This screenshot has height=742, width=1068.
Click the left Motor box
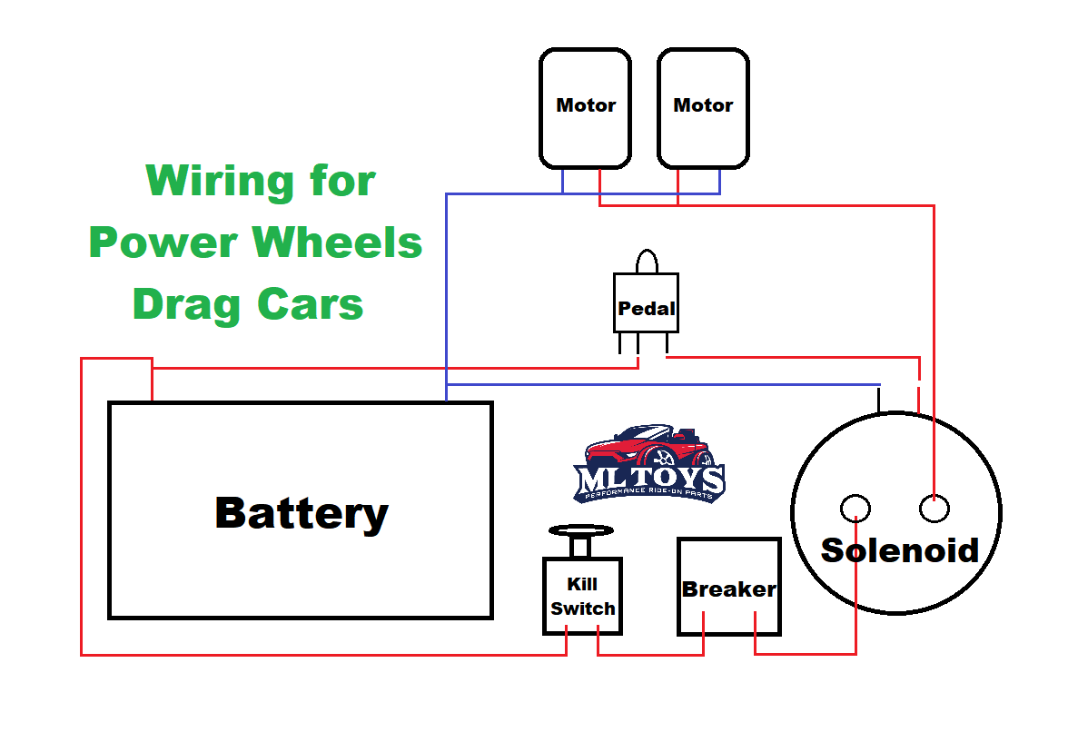[585, 108]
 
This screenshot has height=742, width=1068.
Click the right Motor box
[703, 108]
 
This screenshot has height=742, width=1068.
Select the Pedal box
[646, 302]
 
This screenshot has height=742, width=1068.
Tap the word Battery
[302, 513]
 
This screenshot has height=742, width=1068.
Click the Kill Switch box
[582, 597]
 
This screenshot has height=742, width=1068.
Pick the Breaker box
[728, 587]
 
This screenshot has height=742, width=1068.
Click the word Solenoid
[899, 549]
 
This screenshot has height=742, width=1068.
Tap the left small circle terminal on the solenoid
[855, 509]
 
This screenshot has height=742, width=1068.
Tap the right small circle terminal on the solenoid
[934, 509]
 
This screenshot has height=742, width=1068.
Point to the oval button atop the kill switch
[581, 529]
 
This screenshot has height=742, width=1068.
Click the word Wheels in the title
[337, 242]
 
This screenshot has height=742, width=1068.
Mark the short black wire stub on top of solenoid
[878, 400]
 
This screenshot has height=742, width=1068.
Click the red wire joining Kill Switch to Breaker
[650, 654]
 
